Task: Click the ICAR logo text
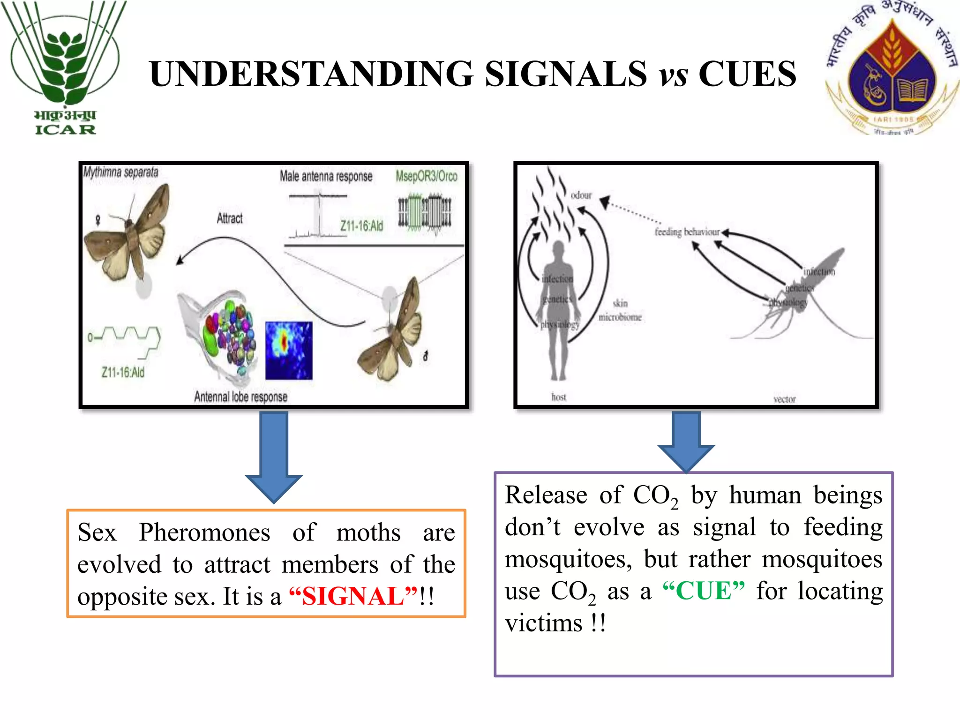pyautogui.click(x=65, y=129)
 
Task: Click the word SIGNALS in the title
pyautogui.click(x=565, y=74)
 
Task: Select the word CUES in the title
pyautogui.click(x=747, y=74)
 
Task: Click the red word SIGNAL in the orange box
pyautogui.click(x=353, y=596)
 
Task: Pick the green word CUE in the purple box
pyautogui.click(x=704, y=591)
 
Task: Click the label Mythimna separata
pyautogui.click(x=121, y=172)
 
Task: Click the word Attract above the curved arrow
pyautogui.click(x=230, y=218)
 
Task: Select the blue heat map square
pyautogui.click(x=288, y=350)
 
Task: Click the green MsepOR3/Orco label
pyautogui.click(x=426, y=176)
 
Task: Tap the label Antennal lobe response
pyautogui.click(x=240, y=397)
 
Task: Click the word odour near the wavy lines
pyautogui.click(x=581, y=195)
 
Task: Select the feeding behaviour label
pyautogui.click(x=687, y=232)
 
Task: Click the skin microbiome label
pyautogui.click(x=620, y=310)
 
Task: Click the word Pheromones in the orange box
pyautogui.click(x=204, y=532)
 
